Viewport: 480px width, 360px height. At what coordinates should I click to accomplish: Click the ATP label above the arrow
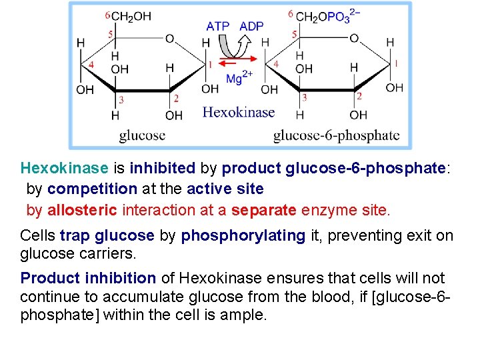click(x=218, y=27)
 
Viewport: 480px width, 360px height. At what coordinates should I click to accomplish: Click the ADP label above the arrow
click(x=251, y=27)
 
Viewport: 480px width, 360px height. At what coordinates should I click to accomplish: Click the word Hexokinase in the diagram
click(x=238, y=112)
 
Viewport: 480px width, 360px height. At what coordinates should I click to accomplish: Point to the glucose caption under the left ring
click(x=142, y=136)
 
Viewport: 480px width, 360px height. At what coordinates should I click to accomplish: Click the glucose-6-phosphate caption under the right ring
click(x=336, y=136)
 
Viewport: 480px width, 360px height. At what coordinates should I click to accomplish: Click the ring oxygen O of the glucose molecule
click(x=170, y=39)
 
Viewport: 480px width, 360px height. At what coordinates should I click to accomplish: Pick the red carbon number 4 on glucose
click(x=91, y=65)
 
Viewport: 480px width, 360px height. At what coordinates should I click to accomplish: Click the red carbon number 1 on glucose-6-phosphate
click(x=396, y=63)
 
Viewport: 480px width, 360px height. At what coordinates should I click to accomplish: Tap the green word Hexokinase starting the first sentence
click(x=64, y=168)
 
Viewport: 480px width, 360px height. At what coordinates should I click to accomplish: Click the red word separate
click(x=264, y=211)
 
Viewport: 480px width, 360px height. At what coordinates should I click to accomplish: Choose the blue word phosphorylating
click(x=244, y=236)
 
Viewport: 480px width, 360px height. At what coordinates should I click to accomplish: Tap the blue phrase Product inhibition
click(x=88, y=278)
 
